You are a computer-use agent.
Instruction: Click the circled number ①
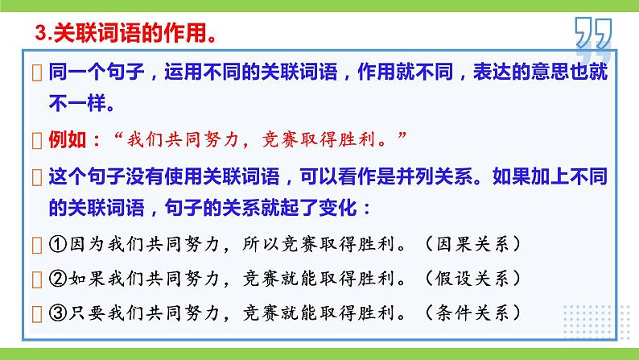[x=58, y=242]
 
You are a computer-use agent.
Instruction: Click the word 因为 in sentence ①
[x=85, y=242]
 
